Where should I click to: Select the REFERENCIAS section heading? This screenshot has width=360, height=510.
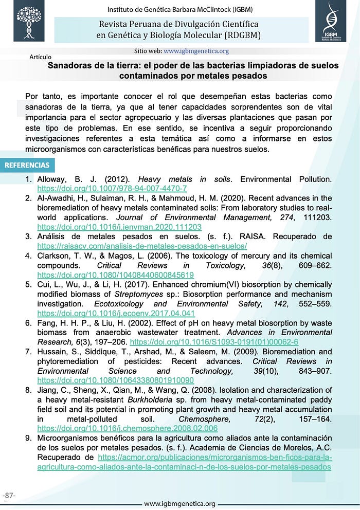tap(27, 165)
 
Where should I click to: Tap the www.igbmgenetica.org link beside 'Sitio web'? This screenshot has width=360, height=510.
tap(196, 51)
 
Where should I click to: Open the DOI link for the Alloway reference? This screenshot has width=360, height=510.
tap(112, 189)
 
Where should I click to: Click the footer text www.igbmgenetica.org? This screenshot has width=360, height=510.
tap(179, 503)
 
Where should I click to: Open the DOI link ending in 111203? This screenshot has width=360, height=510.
tap(119, 227)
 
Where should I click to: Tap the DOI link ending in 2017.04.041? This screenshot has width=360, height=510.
tap(116, 313)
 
